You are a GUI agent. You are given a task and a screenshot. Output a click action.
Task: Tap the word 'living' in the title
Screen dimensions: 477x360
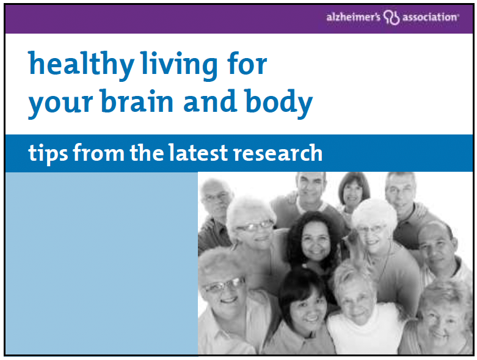coord(179,66)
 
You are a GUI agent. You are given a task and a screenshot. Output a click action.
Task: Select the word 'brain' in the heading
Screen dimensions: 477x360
coord(137,101)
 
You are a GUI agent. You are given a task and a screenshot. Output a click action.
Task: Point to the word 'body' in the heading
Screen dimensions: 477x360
coord(279,103)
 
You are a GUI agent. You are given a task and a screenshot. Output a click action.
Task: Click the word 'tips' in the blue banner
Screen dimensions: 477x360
coord(48,153)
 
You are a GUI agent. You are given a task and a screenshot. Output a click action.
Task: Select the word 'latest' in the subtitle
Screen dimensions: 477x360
coord(198,152)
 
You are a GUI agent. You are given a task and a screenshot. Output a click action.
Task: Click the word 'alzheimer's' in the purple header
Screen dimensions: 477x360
coord(353,17)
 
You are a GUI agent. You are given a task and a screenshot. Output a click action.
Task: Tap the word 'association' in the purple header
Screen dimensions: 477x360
coord(430,17)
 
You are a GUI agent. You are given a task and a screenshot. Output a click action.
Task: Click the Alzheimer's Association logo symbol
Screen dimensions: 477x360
coord(391,17)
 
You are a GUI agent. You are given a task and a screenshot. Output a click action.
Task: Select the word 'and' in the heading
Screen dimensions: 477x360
coord(210,101)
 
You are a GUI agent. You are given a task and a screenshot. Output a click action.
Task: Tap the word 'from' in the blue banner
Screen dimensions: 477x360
coord(98,152)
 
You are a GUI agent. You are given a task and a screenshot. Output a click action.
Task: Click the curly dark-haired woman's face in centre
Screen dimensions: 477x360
coord(316,240)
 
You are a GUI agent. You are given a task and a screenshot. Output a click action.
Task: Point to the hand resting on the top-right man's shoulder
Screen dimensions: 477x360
coord(421,210)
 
